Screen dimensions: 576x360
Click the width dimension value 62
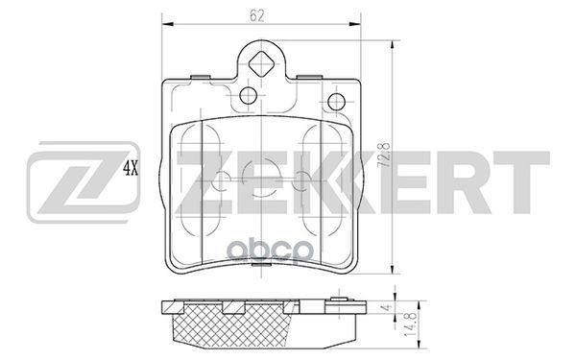[x=256, y=15]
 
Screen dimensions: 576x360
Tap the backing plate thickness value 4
[x=385, y=307]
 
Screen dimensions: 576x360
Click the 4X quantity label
[x=131, y=168]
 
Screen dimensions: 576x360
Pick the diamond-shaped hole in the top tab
[x=261, y=64]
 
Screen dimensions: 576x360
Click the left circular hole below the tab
[x=249, y=95]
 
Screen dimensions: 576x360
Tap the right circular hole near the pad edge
[x=336, y=102]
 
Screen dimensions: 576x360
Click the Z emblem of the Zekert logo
[x=84, y=182]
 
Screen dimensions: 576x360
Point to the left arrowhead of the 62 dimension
[x=167, y=24]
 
